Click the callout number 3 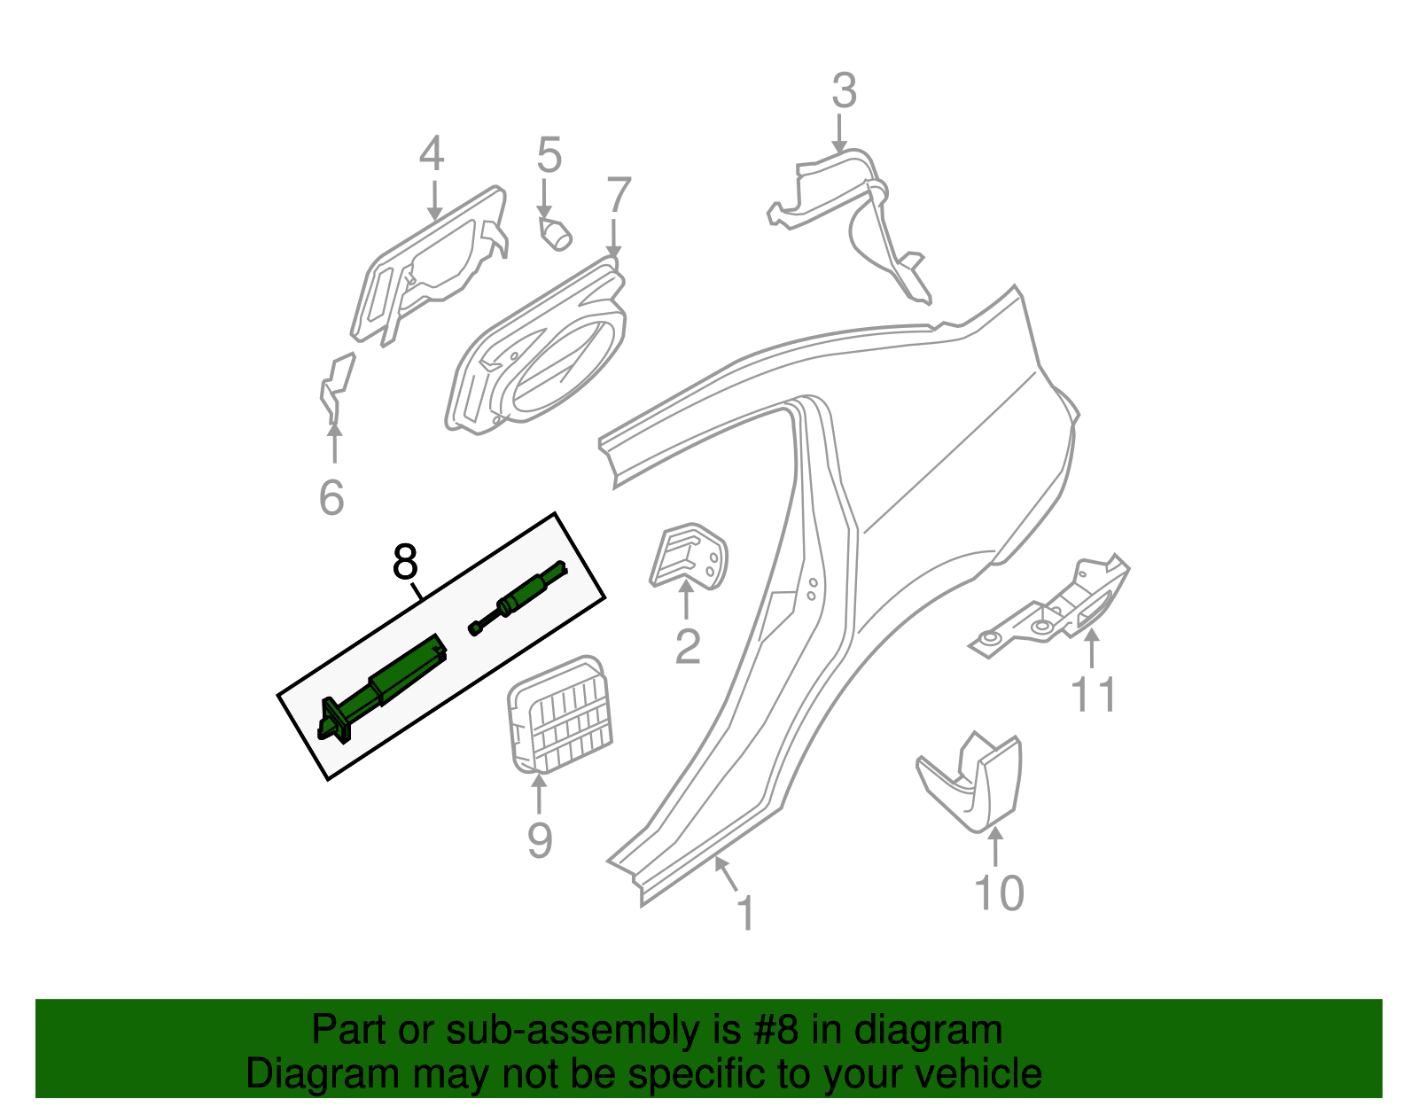click(844, 91)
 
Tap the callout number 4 click(432, 154)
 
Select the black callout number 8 click(404, 562)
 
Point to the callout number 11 click(1094, 694)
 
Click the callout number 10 click(999, 893)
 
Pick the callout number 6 click(331, 497)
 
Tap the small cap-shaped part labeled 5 click(557, 235)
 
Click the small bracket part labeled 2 click(689, 555)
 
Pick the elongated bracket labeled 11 click(1055, 612)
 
